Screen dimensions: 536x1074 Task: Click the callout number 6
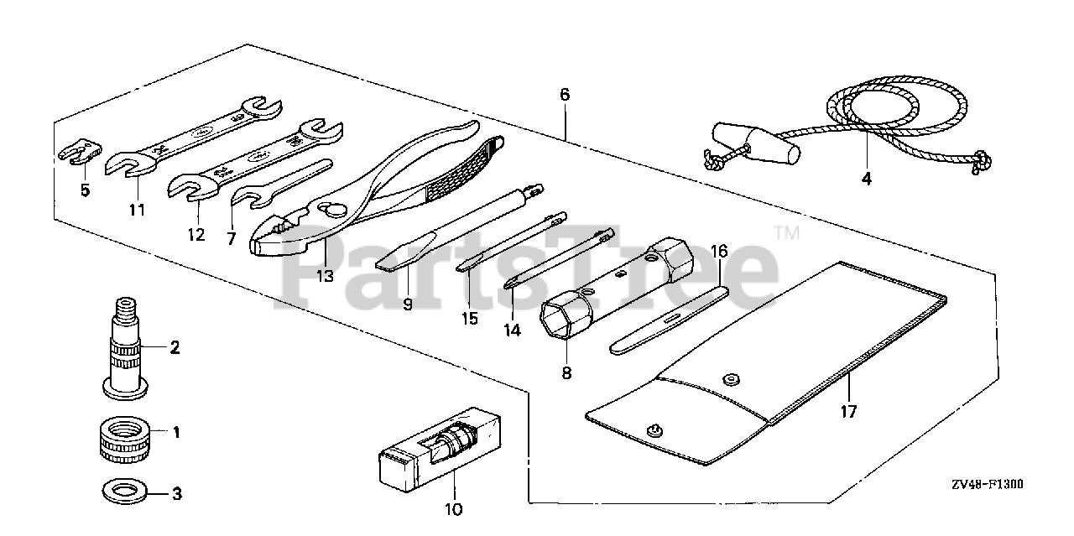pyautogui.click(x=565, y=96)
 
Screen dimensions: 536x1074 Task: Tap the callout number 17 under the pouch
pyautogui.click(x=848, y=412)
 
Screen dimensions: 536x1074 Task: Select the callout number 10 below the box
pyautogui.click(x=454, y=508)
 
